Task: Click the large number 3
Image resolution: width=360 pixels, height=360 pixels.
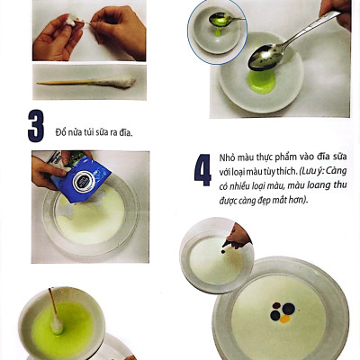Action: point(36,126)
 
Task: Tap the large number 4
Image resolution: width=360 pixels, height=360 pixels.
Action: point(202,170)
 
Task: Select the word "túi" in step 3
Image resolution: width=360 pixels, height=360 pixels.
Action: point(89,132)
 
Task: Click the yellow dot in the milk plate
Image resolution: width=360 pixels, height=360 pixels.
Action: point(285,319)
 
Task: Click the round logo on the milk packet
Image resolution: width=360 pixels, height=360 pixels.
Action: point(84,182)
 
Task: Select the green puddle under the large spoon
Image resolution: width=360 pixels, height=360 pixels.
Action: point(262,82)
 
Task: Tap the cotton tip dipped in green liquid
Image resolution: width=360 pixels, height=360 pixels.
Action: point(57,325)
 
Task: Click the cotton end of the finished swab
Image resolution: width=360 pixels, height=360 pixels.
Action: point(116,81)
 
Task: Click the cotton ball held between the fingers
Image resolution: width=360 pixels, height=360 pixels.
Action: point(71,21)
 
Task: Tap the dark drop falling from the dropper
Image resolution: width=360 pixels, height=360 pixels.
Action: point(223,251)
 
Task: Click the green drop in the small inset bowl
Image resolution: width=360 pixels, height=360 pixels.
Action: point(218,32)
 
